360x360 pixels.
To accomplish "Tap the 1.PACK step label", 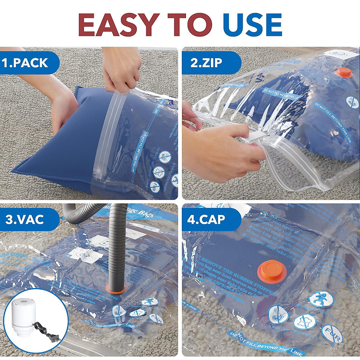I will [25, 63].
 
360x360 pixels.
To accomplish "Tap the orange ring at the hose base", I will [115, 289].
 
